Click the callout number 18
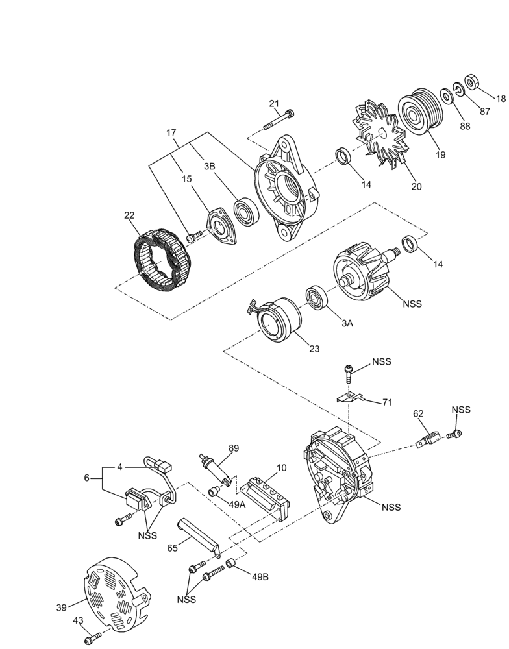[501, 99]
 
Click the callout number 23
[314, 349]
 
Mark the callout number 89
[233, 448]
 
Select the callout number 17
[171, 132]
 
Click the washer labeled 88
[447, 96]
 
